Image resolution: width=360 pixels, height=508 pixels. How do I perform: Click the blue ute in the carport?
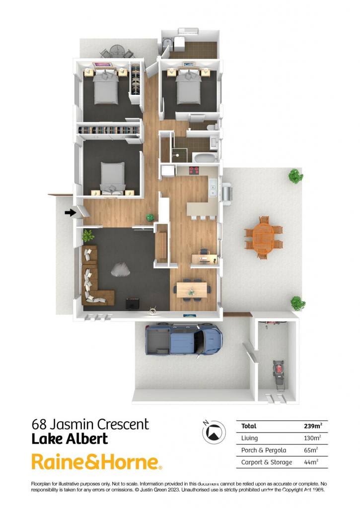pos(184,340)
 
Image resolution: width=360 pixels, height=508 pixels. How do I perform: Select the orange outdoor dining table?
pos(263,238)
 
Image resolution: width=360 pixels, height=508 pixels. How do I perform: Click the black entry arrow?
pos(70,212)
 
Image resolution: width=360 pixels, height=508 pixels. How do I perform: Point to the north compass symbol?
pos(214,432)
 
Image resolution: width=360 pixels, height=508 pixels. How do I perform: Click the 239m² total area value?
pos(313,426)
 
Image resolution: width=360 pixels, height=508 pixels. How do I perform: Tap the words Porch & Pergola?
pos(263,450)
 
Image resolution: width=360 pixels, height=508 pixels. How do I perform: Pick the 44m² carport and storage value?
pos(311,462)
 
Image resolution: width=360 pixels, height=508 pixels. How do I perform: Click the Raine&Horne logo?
pos(96,462)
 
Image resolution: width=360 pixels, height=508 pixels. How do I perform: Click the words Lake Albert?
pos(70,439)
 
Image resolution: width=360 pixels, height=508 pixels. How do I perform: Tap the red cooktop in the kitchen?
pos(194,170)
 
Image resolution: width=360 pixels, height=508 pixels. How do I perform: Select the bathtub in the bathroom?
pos(205,158)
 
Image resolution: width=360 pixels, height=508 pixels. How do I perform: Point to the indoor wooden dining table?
pos(192,290)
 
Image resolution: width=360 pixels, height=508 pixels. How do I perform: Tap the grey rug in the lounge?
pos(121,269)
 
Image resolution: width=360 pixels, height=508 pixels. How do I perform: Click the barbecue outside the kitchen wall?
pos(227,194)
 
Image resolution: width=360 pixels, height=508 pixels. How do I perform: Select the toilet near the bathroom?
pos(213,127)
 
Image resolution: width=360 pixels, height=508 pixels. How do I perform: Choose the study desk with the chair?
pos(204,258)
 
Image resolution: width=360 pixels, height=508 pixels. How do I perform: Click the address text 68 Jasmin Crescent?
pos(90,424)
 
